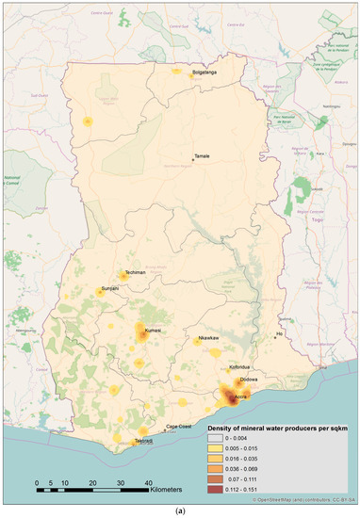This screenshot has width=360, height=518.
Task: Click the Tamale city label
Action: (202, 156)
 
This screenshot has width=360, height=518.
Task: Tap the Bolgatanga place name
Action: (206, 72)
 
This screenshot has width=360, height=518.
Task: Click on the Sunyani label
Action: (109, 290)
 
